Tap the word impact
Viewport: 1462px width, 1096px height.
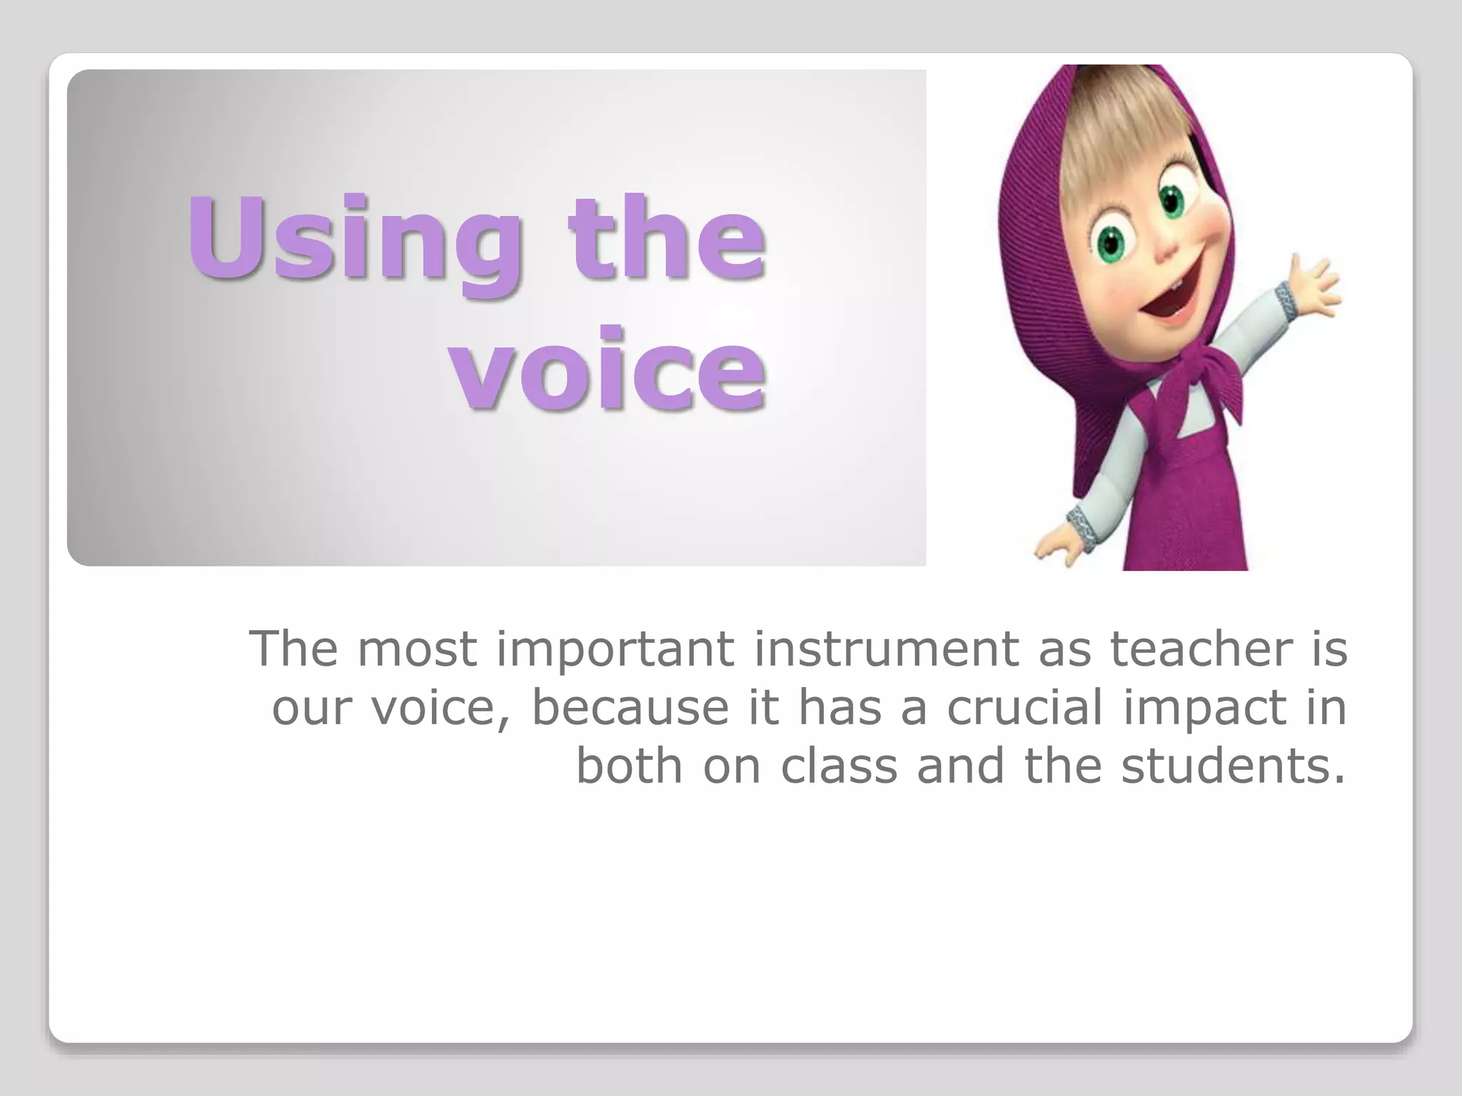1207,709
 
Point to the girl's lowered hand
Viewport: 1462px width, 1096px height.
1057,546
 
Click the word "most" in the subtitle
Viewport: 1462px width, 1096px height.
417,649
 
